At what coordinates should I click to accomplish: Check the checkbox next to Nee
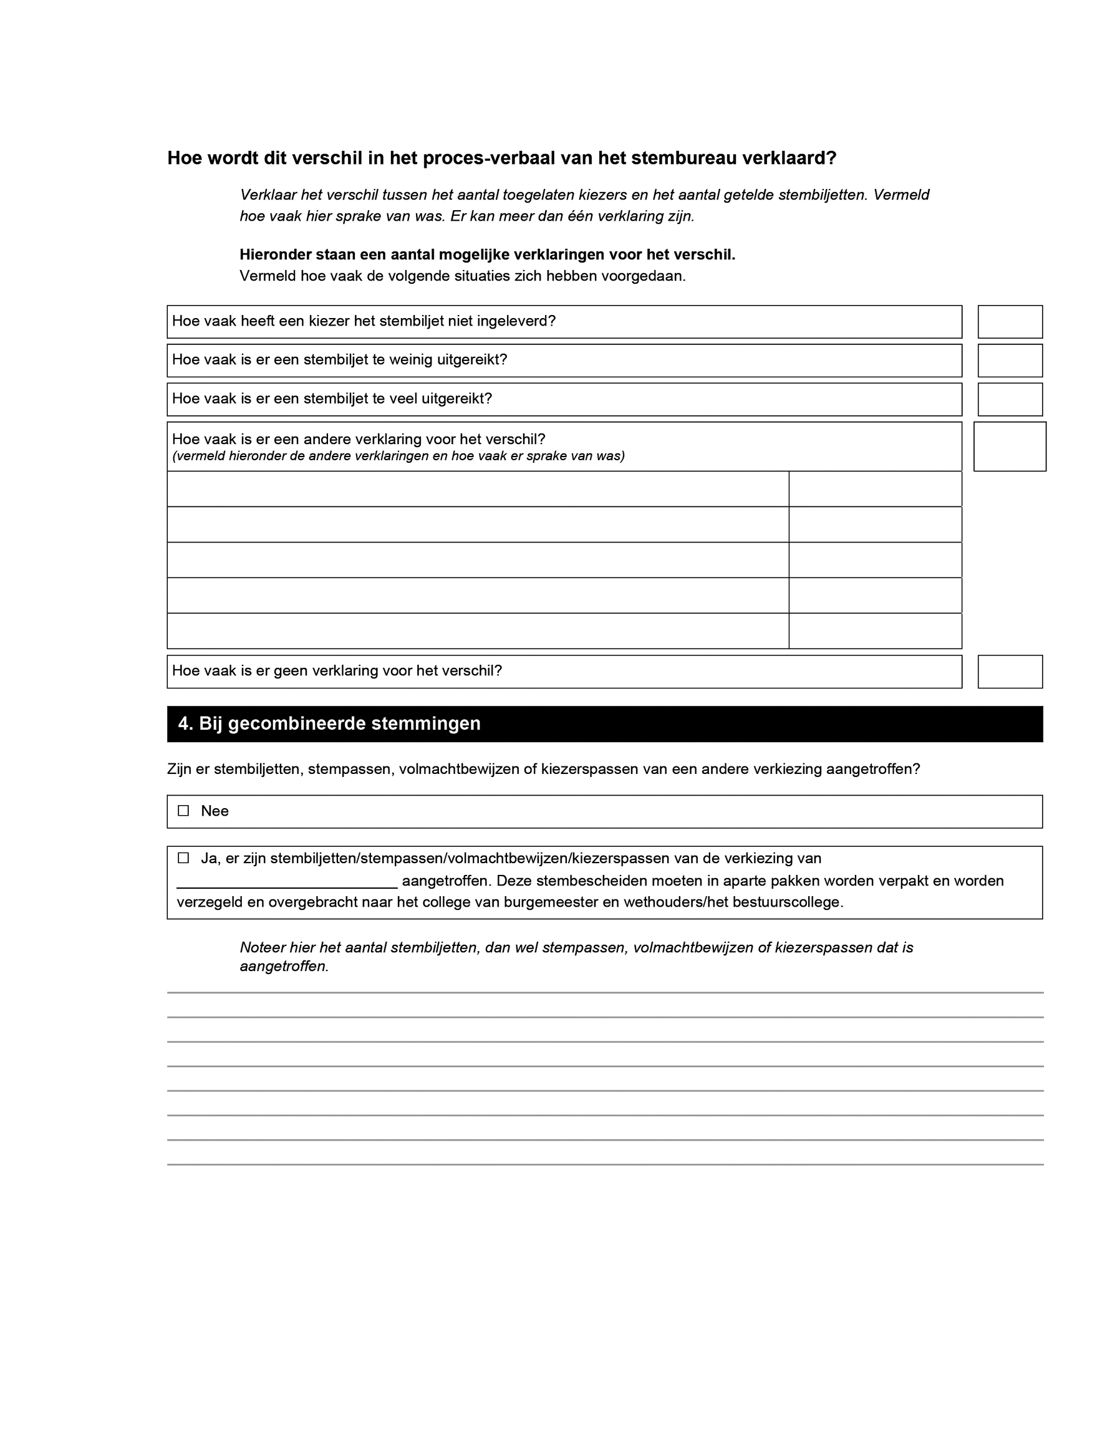(183, 811)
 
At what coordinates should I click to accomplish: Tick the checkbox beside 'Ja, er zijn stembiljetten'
(183, 858)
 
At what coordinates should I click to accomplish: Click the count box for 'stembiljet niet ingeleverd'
(1010, 322)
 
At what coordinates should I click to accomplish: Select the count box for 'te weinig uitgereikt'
(1010, 360)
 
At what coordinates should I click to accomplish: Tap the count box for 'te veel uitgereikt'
(1010, 399)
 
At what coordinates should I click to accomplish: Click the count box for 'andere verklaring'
(1010, 447)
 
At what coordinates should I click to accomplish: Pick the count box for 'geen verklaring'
(1010, 672)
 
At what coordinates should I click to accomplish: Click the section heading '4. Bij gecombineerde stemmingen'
(329, 723)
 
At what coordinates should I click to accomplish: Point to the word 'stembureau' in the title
(687, 158)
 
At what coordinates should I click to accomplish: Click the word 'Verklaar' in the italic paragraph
(268, 195)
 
